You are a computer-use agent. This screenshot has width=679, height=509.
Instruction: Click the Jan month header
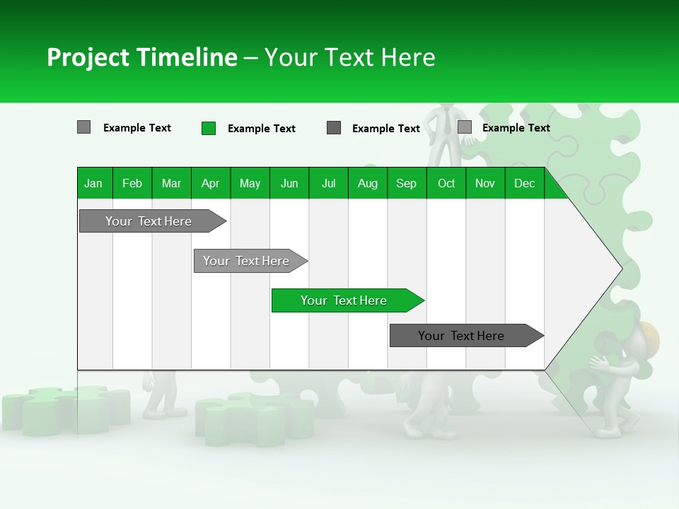coord(93,184)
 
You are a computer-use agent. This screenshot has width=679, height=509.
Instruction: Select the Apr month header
coord(210,184)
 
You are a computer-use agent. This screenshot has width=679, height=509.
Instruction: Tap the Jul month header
coord(328,184)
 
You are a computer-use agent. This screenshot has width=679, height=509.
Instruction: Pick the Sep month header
coord(406,184)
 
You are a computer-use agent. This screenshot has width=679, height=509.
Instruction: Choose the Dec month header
coord(524,184)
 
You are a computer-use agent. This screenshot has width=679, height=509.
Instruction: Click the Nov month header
coord(484,184)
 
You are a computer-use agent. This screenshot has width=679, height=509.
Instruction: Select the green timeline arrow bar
coord(347,300)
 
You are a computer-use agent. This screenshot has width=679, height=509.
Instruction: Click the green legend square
coord(209,128)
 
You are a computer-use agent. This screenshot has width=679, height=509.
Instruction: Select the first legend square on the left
coord(83,127)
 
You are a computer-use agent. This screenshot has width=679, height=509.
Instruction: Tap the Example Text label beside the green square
coord(261,129)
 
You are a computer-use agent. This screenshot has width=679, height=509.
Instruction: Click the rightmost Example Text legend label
coord(516,128)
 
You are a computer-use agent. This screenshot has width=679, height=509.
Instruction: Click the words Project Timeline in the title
coord(141,57)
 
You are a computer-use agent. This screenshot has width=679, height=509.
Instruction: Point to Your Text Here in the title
coord(349,57)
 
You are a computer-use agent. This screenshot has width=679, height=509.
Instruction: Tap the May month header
coord(250,184)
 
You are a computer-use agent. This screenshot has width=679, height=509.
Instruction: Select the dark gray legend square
coord(334,128)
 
